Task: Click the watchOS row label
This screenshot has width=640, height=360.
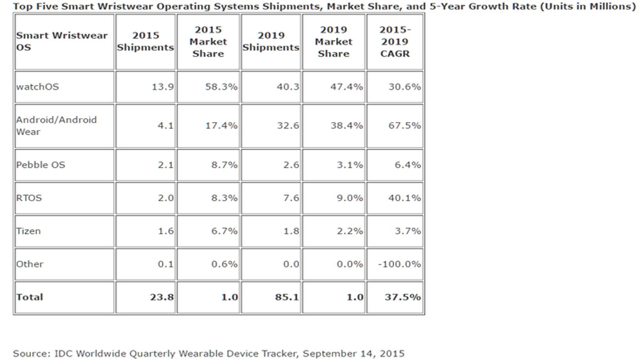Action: click(x=38, y=86)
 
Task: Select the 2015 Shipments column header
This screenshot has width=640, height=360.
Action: click(x=146, y=42)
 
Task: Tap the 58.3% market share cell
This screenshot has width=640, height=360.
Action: click(x=222, y=86)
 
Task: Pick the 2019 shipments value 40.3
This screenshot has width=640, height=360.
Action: click(x=288, y=86)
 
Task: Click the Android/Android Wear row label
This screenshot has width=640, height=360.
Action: click(x=56, y=126)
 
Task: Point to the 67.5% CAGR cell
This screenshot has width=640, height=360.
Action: click(x=404, y=126)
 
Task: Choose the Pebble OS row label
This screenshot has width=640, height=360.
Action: click(x=40, y=165)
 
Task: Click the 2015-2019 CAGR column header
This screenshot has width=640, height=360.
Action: click(x=395, y=42)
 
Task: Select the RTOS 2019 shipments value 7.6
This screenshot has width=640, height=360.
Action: click(x=291, y=198)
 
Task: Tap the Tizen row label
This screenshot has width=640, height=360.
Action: click(x=28, y=231)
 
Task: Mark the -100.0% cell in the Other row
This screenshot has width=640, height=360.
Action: click(x=400, y=264)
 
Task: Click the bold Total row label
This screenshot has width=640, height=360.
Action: click(x=30, y=297)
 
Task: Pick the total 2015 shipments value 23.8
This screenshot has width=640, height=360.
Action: click(x=162, y=297)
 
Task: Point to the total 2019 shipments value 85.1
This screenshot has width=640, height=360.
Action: click(x=287, y=297)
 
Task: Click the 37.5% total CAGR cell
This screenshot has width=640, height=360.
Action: click(x=403, y=297)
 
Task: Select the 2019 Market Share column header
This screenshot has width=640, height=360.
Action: click(x=334, y=42)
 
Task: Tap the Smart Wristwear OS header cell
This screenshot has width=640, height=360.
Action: click(x=62, y=42)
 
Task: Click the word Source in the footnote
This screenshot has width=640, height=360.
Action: click(x=32, y=354)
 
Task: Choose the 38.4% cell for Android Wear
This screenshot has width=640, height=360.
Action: click(x=347, y=126)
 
